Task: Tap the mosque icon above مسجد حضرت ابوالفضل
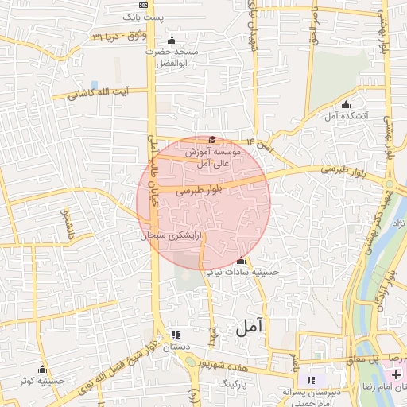[x=172, y=41]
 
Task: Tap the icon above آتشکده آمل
[x=345, y=105]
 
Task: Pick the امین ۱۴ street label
[x=259, y=145]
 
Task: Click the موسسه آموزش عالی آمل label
[x=208, y=156]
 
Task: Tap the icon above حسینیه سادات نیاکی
[x=242, y=260]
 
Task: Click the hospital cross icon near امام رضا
[x=395, y=374]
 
